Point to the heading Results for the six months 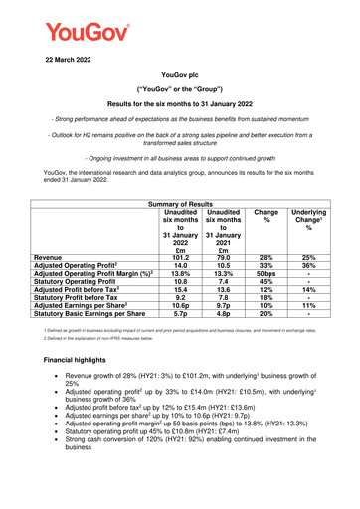180,102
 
